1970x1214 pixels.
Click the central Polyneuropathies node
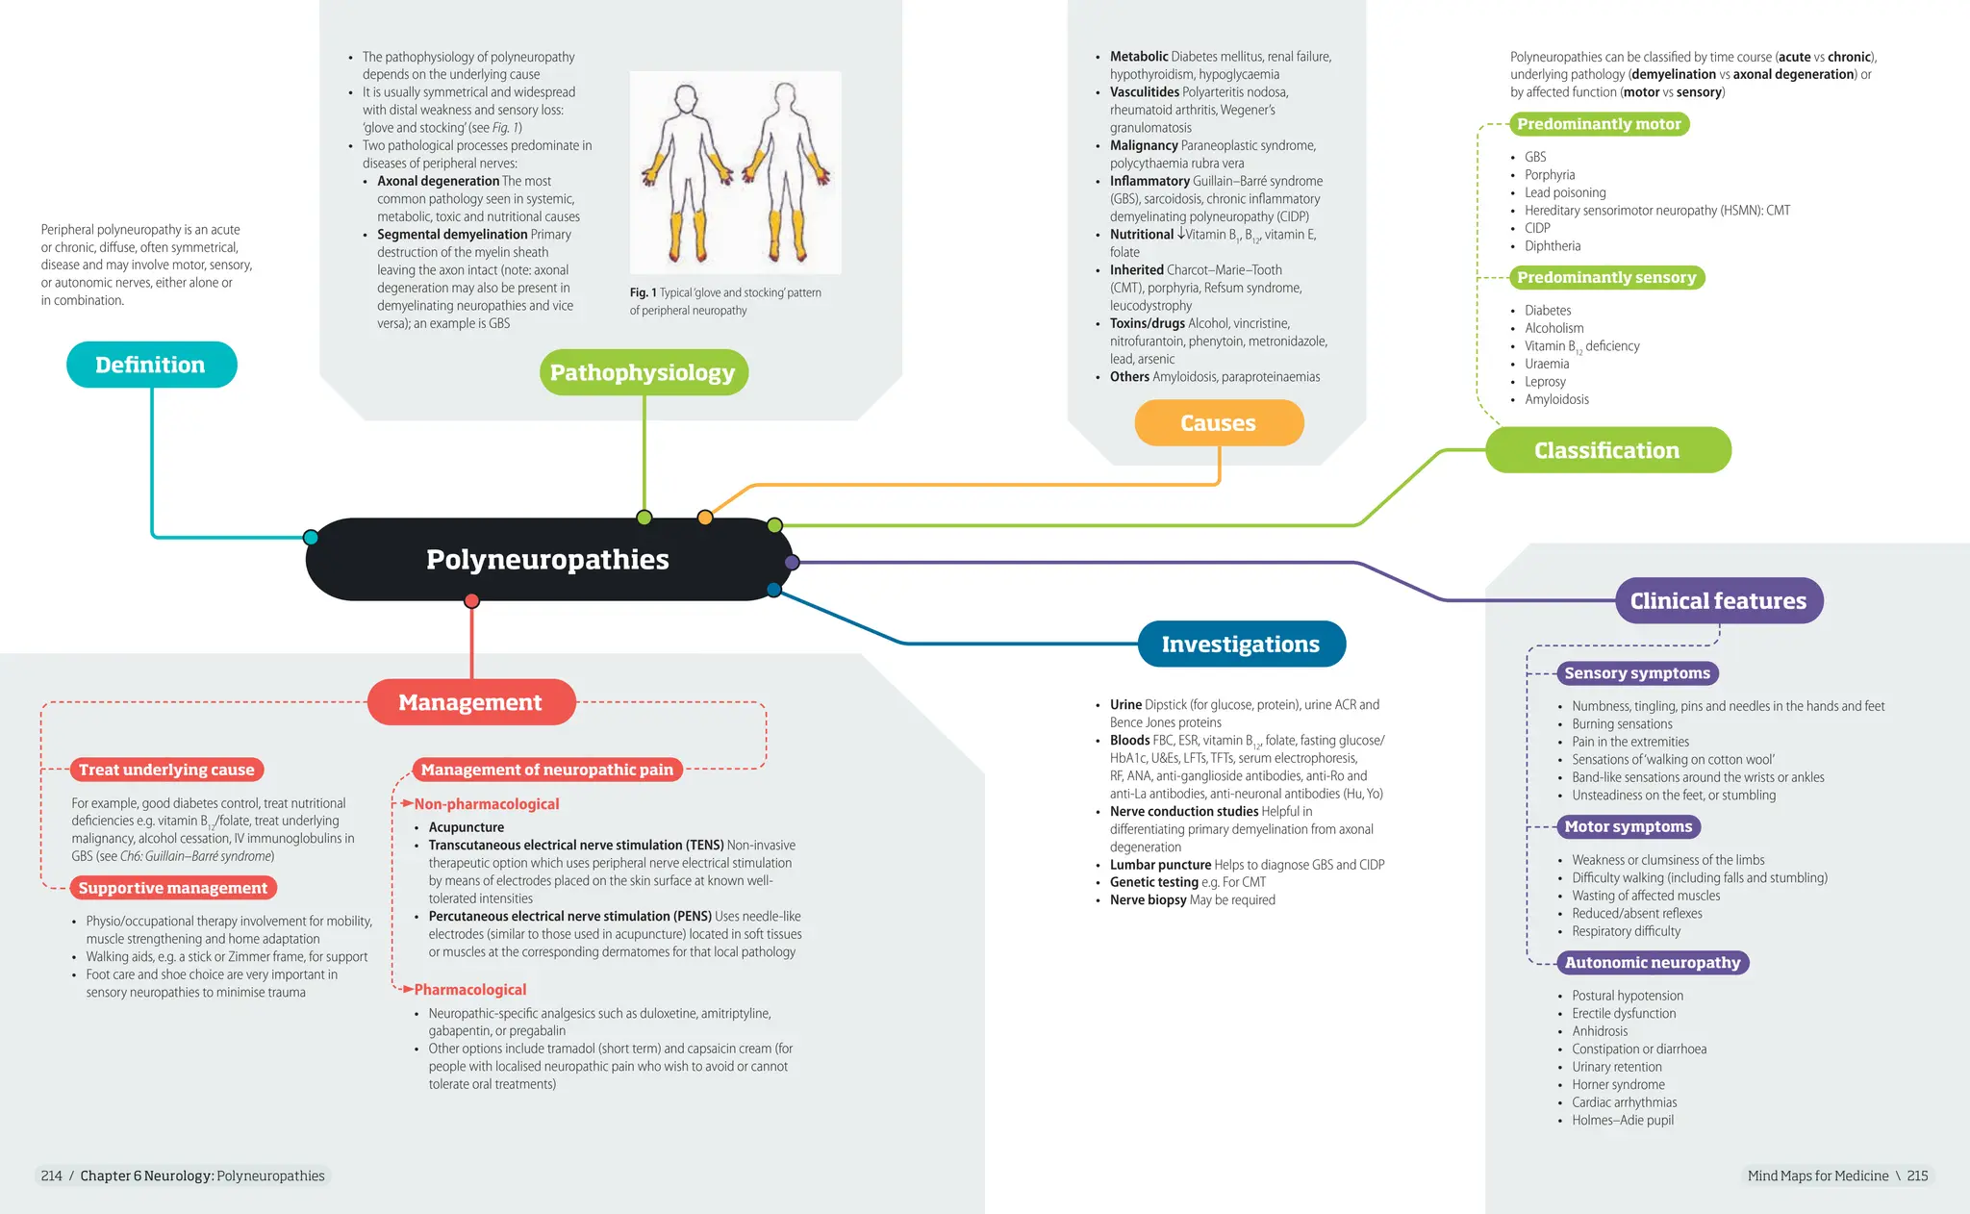548,559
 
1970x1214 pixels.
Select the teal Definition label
151,365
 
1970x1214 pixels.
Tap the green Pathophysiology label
643,372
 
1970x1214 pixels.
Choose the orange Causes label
1219,423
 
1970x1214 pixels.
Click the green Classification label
1607,450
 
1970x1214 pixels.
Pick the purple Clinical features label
1719,601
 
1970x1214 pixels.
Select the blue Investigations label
1241,644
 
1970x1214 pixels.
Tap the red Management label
471,702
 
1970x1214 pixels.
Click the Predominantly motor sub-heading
1599,124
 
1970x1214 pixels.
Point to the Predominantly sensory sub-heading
1606,278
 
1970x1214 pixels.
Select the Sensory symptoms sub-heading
1637,673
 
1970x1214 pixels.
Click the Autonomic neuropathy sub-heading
1653,963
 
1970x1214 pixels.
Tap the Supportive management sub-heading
173,888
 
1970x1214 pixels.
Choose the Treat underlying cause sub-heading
166,770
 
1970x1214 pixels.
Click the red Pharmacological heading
470,990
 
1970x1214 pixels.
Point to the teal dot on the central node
311,537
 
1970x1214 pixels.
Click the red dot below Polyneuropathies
471,601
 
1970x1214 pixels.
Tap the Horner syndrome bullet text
1619,1085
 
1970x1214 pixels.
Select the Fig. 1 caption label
644,292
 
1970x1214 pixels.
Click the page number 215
1917,1176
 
